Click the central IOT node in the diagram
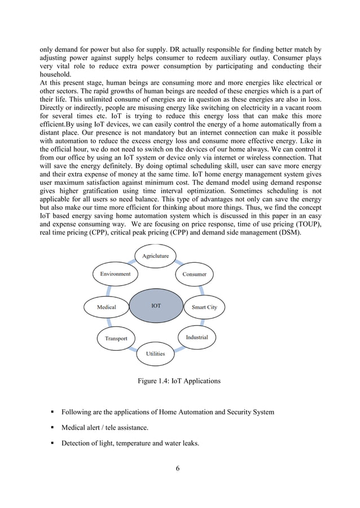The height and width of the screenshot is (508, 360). pyautogui.click(x=156, y=306)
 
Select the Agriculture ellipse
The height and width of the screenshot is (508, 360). pyautogui.click(x=155, y=256)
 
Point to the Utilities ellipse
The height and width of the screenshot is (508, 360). pyautogui.click(x=156, y=354)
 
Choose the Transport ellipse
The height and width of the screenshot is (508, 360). pyautogui.click(x=116, y=338)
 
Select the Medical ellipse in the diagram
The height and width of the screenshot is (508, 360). pyautogui.click(x=106, y=307)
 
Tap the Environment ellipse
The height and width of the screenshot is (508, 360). pyautogui.click(x=115, y=274)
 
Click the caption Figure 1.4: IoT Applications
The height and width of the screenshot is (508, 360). pyautogui.click(x=179, y=382)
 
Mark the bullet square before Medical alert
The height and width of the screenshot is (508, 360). pyautogui.click(x=52, y=428)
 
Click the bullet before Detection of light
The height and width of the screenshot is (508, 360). pyautogui.click(x=52, y=444)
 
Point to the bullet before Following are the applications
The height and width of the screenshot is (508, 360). pyautogui.click(x=52, y=412)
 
